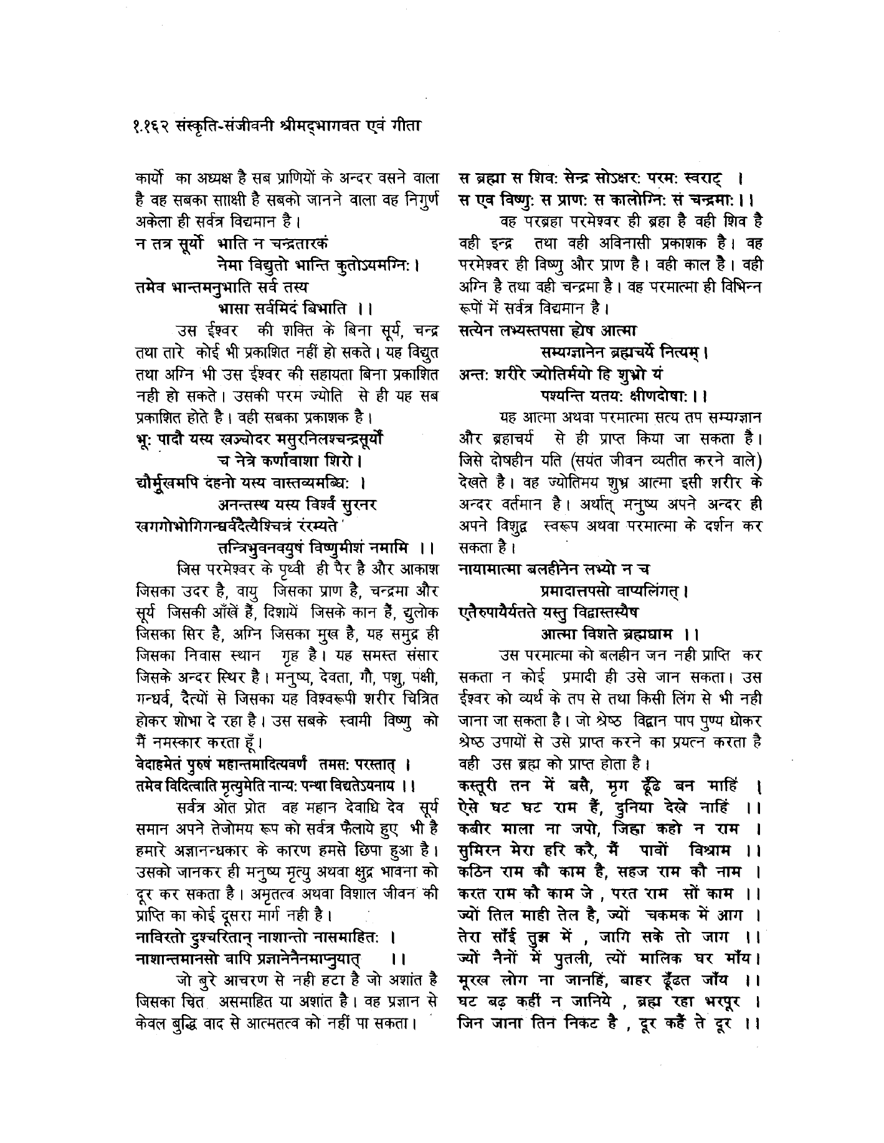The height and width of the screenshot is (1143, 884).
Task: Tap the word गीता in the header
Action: click(x=404, y=125)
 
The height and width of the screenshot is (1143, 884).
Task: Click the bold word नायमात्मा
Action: click(x=490, y=568)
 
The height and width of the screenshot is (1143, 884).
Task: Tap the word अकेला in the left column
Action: click(x=156, y=220)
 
